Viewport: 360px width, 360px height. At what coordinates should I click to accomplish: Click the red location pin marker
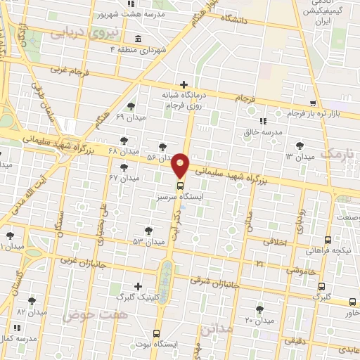(181, 165)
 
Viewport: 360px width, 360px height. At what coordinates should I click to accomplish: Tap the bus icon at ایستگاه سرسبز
(181, 186)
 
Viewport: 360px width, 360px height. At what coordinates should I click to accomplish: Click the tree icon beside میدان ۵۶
(163, 146)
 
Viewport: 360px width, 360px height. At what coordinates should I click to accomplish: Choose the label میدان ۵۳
(129, 242)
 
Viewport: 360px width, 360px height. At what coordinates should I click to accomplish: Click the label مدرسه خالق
(266, 131)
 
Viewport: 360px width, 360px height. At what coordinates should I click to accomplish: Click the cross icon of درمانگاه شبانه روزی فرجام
(184, 84)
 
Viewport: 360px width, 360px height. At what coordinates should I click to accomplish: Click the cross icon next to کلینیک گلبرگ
(139, 286)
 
